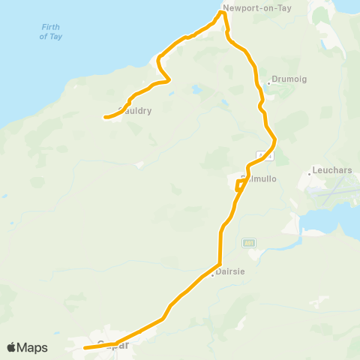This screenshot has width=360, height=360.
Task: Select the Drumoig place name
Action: pos(286,79)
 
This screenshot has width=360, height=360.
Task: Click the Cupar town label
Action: pos(112,346)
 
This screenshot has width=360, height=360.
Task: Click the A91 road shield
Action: pos(249,243)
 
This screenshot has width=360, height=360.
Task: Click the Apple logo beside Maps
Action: pos(12,347)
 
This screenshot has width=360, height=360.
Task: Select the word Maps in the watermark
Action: pos(33,347)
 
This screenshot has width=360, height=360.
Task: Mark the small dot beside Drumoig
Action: pos(268,82)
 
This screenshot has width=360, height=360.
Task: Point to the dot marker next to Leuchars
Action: pos(309,175)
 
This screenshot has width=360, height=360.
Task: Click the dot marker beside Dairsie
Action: pos(213,274)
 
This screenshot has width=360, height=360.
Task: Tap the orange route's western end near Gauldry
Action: pos(103,117)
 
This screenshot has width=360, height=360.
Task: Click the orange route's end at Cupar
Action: pos(85,348)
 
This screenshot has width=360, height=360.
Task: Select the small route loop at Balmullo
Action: pos(239,184)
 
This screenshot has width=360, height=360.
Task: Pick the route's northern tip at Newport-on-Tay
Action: pos(223,11)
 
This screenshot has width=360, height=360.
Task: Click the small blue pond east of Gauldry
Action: pos(196,90)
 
